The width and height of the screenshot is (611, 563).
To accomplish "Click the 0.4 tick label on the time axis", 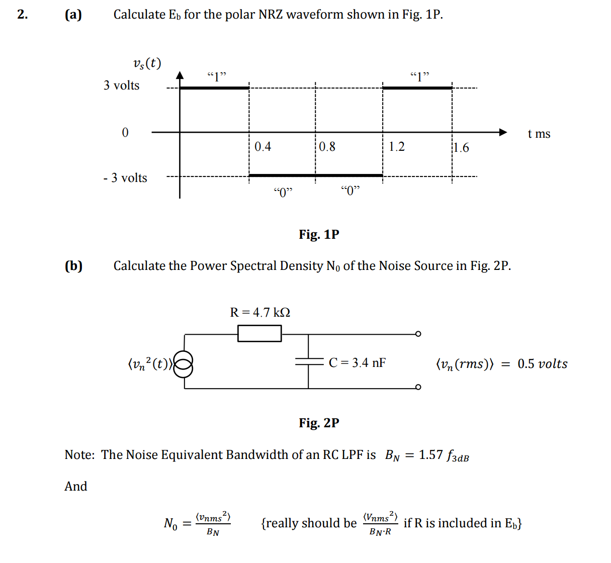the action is [x=263, y=147].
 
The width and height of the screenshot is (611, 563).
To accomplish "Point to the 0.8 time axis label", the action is [x=327, y=147].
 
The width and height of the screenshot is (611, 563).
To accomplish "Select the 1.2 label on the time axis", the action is [x=396, y=147].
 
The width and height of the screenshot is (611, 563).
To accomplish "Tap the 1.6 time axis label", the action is [x=461, y=148].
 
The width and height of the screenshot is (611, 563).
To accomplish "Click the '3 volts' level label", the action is [x=122, y=85].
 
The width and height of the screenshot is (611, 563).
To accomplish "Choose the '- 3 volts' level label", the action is [x=125, y=178].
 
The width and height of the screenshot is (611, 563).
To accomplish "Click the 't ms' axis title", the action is [x=539, y=134].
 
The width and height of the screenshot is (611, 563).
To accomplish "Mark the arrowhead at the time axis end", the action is [x=503, y=132].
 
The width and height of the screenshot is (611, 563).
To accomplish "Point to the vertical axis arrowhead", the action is [x=180, y=75].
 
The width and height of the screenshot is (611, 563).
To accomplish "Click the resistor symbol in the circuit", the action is [x=259, y=333].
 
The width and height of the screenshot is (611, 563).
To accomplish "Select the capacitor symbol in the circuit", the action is [x=308, y=361].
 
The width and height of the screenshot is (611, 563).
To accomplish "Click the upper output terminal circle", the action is [x=418, y=334].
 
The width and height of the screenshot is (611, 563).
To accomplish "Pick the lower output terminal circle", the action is [x=418, y=387].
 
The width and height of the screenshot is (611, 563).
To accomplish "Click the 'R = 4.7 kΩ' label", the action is [x=260, y=313].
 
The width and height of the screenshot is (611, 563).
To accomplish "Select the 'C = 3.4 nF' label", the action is [x=357, y=363].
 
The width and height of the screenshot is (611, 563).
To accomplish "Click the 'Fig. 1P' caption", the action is [x=319, y=235].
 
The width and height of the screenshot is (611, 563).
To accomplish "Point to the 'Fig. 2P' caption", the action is [x=319, y=423].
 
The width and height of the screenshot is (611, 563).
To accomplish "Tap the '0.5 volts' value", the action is [x=542, y=364].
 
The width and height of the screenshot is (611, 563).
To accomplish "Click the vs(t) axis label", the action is [x=147, y=63].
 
